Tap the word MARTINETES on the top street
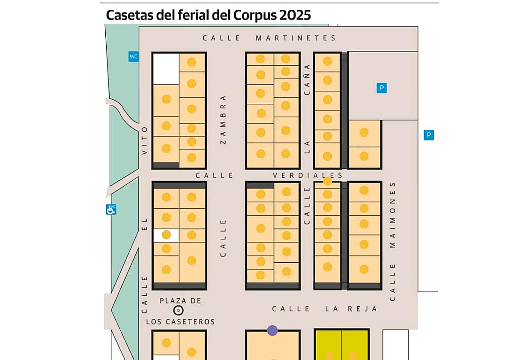[x=296, y=38]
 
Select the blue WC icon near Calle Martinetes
[x=134, y=56]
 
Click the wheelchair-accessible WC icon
[x=111, y=210]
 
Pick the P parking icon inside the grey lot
[x=381, y=88]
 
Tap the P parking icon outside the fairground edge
[x=428, y=135]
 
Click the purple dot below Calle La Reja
[x=272, y=330]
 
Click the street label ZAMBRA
[x=223, y=120]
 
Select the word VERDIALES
[x=308, y=176]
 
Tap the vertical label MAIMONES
[x=393, y=216]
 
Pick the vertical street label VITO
[x=145, y=141]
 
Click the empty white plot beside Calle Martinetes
[x=166, y=69]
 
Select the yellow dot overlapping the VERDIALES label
[x=327, y=181]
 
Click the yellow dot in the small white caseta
[x=166, y=235]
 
